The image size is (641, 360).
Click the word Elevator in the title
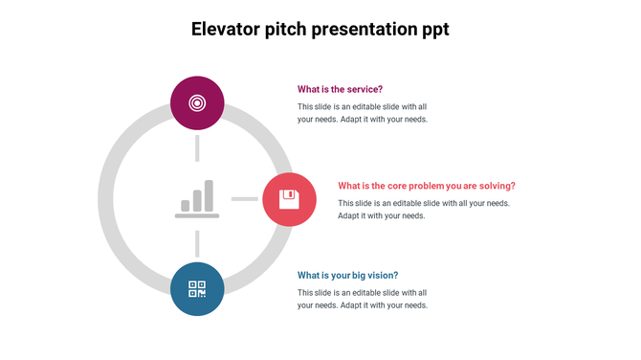[x=226, y=29]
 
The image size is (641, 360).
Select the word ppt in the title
[x=430, y=30]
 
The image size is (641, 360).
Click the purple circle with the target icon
[x=197, y=102]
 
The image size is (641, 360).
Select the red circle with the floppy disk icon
[x=289, y=199]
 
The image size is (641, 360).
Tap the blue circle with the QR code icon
[x=197, y=288]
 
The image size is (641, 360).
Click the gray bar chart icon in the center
[x=197, y=199]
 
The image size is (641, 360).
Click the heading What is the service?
[x=340, y=89]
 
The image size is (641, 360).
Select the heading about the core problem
[x=426, y=186]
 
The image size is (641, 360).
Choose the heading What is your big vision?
[x=347, y=275]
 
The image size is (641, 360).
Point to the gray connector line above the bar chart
[x=197, y=148]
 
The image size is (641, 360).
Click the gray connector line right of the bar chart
[x=245, y=199]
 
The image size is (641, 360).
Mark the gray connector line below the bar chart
[x=197, y=243]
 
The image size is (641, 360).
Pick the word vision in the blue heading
[x=381, y=275]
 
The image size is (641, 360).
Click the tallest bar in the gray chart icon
[x=209, y=195]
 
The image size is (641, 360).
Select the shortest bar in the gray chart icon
[x=186, y=205]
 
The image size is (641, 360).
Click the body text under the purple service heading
[x=362, y=113]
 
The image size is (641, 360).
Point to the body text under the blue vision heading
[x=362, y=299]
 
